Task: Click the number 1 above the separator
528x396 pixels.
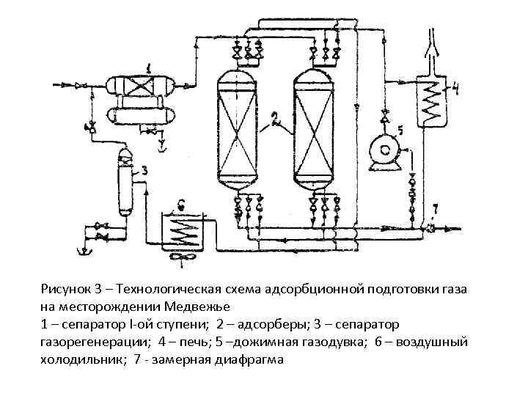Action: (150, 67)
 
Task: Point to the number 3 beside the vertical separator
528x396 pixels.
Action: (144, 170)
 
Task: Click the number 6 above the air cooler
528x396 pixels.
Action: (181, 205)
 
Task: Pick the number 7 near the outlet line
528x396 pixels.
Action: (436, 209)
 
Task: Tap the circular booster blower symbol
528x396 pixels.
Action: (381, 150)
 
